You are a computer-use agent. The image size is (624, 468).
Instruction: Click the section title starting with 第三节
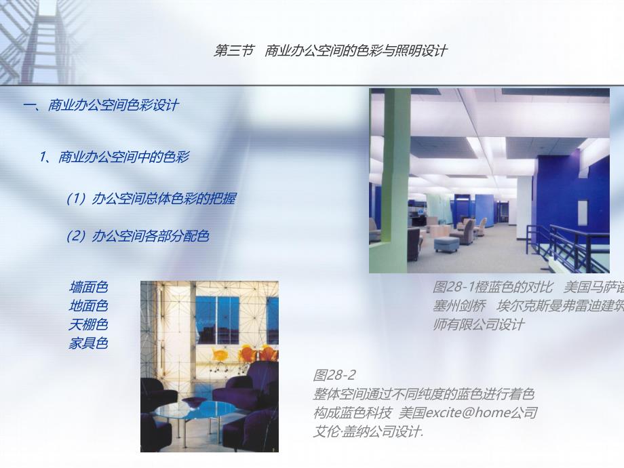pyautogui.click(x=330, y=51)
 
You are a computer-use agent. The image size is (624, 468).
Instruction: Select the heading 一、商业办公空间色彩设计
pyautogui.click(x=101, y=105)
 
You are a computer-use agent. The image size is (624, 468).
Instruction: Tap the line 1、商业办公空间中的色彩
pyautogui.click(x=114, y=157)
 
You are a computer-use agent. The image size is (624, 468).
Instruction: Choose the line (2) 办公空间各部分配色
pyautogui.click(x=137, y=236)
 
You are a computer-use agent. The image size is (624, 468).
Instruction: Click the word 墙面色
pyautogui.click(x=88, y=288)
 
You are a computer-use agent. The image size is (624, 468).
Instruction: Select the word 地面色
pyautogui.click(x=88, y=306)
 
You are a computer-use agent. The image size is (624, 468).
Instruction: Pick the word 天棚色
pyautogui.click(x=88, y=324)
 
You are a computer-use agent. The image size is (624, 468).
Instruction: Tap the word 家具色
pyautogui.click(x=88, y=343)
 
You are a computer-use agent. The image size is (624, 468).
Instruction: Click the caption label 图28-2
pyautogui.click(x=334, y=375)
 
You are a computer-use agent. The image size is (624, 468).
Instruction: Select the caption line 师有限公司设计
pyautogui.click(x=478, y=324)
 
